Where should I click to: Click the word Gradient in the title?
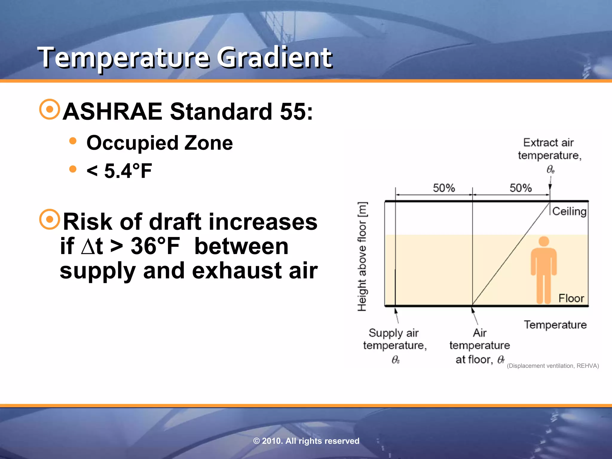pyautogui.click(x=274, y=57)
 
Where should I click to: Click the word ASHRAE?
pyautogui.click(x=112, y=111)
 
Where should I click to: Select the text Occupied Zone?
pyautogui.click(x=160, y=143)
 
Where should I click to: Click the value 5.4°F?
pyautogui.click(x=128, y=171)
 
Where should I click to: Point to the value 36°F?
pyautogui.click(x=155, y=246)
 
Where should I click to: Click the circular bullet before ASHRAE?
pyautogui.click(x=50, y=109)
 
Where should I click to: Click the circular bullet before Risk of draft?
pyautogui.click(x=50, y=219)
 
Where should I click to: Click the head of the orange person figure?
pyautogui.click(x=544, y=241)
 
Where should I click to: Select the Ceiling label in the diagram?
pyautogui.click(x=569, y=211)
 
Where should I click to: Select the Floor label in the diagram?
pyautogui.click(x=571, y=298)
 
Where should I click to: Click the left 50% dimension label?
pyautogui.click(x=444, y=188)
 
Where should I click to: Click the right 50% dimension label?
pyautogui.click(x=521, y=188)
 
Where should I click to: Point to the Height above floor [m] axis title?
pyautogui.click(x=362, y=256)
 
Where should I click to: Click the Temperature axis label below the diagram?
pyautogui.click(x=555, y=325)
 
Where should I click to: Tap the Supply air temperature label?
pyautogui.click(x=395, y=339)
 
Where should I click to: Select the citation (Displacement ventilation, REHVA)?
pyautogui.click(x=553, y=366)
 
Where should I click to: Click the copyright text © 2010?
pyautogui.click(x=306, y=441)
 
